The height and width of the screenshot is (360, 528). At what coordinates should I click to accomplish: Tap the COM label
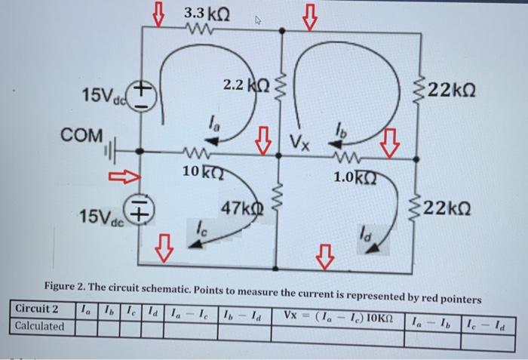[x=83, y=136]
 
